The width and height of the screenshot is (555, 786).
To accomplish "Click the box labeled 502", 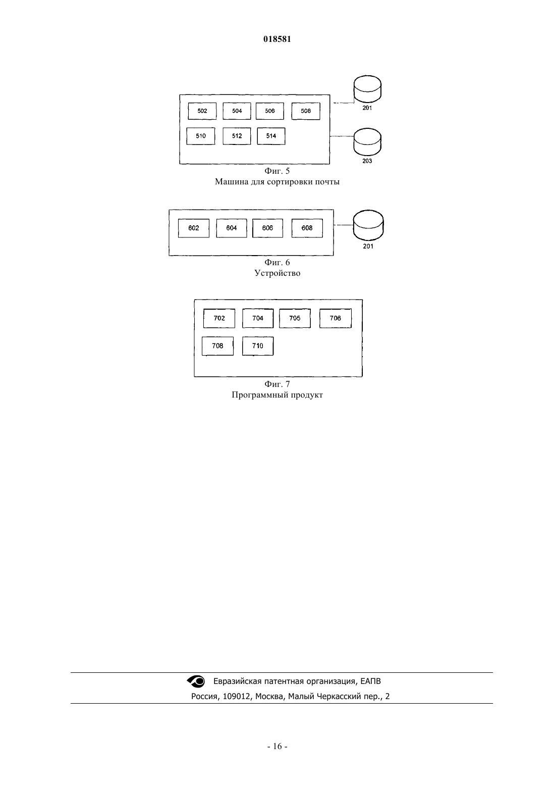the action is point(202,111).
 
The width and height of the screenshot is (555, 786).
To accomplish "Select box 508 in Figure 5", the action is point(306,111).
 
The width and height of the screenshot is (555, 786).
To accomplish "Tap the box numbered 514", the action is point(271,136).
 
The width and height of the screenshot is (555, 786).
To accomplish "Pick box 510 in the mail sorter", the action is point(201,136).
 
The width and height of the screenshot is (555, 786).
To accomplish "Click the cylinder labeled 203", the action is point(367,142).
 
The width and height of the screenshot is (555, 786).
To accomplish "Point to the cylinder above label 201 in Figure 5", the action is point(367,89).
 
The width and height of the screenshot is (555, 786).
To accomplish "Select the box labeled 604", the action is point(231,228).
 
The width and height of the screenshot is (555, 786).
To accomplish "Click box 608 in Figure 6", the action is point(307,228).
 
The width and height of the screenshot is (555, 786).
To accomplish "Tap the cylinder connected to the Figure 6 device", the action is point(368,225).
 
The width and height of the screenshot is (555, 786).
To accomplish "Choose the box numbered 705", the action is point(295,318).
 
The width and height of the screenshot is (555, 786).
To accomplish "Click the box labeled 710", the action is point(258,346).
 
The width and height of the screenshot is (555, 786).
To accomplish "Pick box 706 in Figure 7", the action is point(336,318).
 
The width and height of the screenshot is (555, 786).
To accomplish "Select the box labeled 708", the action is point(217,346).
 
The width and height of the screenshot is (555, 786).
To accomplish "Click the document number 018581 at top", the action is point(277,39).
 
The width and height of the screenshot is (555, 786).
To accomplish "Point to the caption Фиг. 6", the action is point(277,263).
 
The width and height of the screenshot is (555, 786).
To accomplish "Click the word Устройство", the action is point(277,273).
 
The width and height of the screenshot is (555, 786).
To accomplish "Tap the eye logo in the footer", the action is point(196,681).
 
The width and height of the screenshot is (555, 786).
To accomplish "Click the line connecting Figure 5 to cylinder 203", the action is point(342,136).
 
